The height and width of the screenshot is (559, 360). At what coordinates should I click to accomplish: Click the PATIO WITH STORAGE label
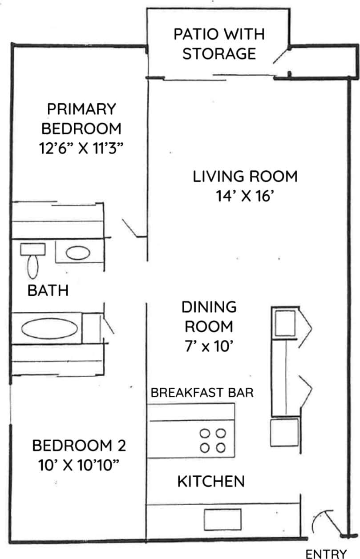pyautogui.click(x=219, y=44)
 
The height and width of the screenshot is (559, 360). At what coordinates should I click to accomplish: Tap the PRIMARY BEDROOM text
pyautogui.click(x=81, y=119)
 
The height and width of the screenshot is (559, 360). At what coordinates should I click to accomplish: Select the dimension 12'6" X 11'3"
pyautogui.click(x=81, y=148)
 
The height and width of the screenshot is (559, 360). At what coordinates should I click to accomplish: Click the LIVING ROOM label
pyautogui.click(x=245, y=177)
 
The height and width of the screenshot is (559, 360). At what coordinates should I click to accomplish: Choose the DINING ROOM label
pyautogui.click(x=209, y=317)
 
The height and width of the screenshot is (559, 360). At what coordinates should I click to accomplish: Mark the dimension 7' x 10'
pyautogui.click(x=209, y=346)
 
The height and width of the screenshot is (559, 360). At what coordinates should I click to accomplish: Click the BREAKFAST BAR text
pyautogui.click(x=202, y=393)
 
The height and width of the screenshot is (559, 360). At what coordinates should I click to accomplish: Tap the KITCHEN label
pyautogui.click(x=211, y=481)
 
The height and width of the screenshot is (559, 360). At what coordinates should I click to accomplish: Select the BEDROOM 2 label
pyautogui.click(x=79, y=445)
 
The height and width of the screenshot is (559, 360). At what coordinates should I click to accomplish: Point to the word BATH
pyautogui.click(x=48, y=291)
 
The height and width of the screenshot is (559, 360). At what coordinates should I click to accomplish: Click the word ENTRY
pyautogui.click(x=326, y=554)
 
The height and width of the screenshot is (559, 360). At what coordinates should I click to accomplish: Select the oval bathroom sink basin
pyautogui.click(x=78, y=253)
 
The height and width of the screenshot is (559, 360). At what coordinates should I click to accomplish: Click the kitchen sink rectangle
pyautogui.click(x=222, y=519)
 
